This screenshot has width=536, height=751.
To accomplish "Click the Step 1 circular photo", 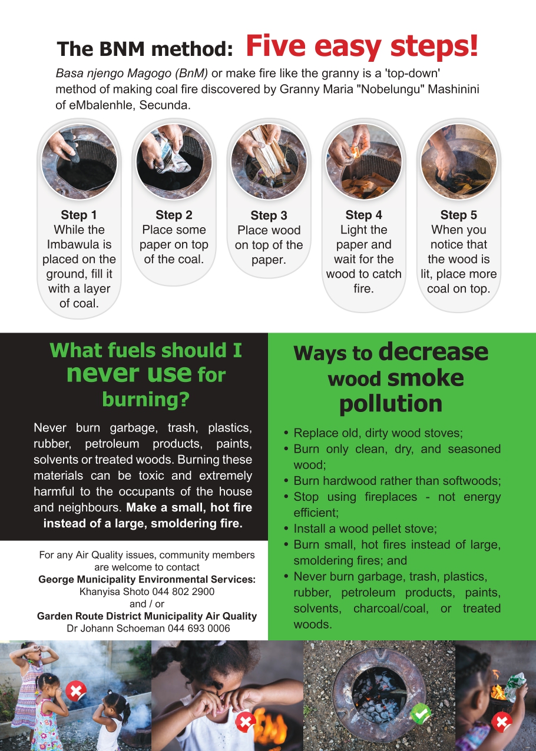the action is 79,162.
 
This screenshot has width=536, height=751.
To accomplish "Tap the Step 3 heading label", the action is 269,215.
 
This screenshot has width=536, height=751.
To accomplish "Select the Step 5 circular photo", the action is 459,162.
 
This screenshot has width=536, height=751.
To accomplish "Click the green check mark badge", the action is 421,713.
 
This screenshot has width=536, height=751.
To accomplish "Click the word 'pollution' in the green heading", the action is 391,404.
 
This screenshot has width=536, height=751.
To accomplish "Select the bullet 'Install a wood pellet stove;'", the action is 365,529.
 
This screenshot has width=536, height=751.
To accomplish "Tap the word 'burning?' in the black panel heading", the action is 146,400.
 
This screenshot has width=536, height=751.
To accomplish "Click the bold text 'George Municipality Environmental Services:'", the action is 147,579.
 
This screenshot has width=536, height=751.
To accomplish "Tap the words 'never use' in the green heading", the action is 129,374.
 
